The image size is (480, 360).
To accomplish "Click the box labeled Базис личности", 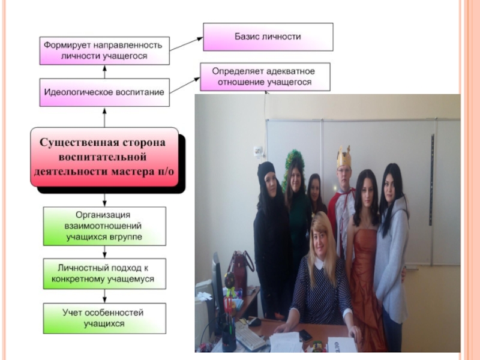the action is pos(268,37).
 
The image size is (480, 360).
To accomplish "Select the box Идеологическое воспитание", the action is pos(104,92).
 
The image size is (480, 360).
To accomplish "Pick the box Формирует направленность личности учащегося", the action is pos(104,51).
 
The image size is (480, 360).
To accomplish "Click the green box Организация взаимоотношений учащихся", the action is pos(104,226).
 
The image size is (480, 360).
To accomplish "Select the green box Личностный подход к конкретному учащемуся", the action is pos(104,273).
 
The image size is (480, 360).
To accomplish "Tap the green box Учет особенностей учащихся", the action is pos(104,318).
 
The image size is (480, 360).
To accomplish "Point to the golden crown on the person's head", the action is pos(343,157).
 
